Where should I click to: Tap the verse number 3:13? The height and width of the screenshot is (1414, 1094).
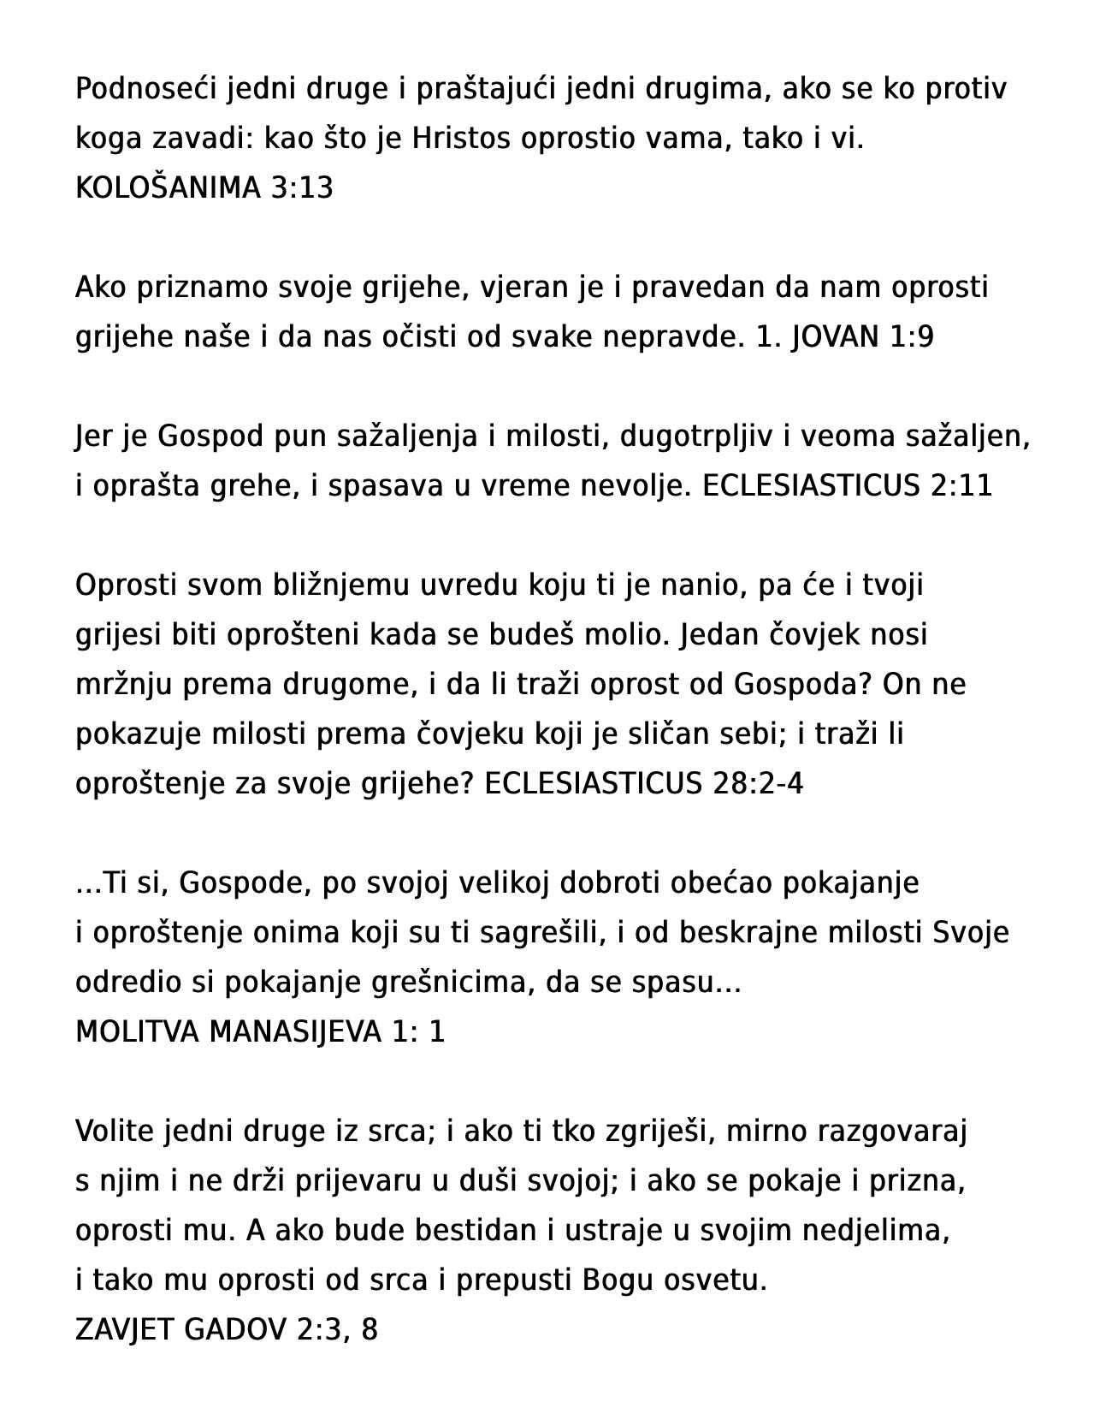click(301, 187)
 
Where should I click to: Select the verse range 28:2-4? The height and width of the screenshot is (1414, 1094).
click(757, 784)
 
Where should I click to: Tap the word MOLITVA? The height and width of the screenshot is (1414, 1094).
click(138, 1032)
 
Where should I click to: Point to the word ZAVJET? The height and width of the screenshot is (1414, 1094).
click(126, 1330)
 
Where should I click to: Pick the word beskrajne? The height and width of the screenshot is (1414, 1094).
click(759, 933)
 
